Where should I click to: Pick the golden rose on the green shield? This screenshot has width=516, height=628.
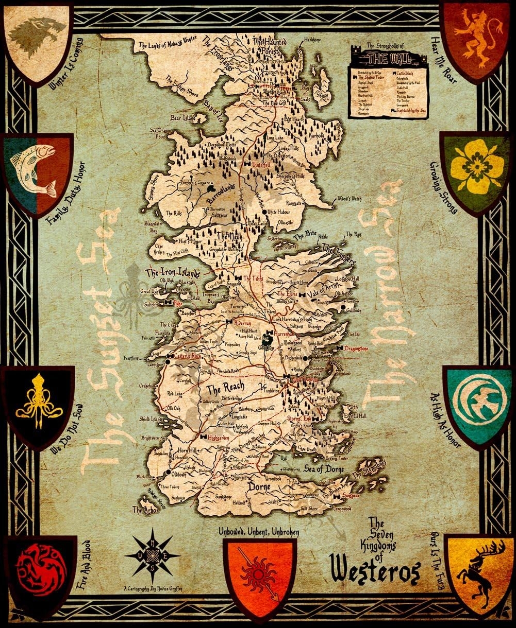[477, 167]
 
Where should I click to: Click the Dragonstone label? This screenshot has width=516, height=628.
[354, 348]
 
